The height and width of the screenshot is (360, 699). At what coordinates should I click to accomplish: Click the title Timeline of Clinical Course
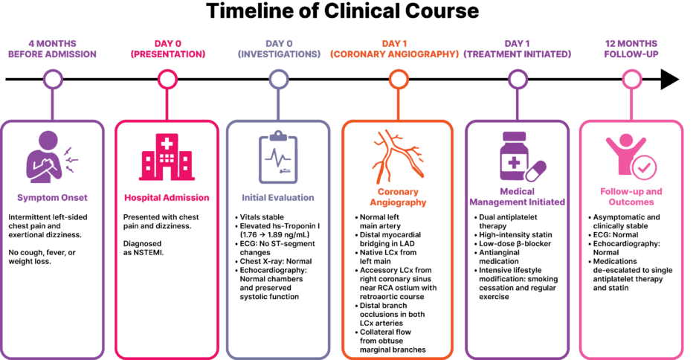pos(342,11)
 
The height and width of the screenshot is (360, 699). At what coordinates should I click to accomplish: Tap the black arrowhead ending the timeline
pos(669,80)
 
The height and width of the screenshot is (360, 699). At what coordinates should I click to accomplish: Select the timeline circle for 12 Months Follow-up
pos(631,80)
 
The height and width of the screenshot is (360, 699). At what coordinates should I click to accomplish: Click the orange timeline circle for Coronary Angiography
pos(399,80)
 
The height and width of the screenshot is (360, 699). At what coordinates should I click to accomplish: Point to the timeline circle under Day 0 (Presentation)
pos(167,80)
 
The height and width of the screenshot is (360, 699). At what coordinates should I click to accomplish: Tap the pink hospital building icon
pos(167,157)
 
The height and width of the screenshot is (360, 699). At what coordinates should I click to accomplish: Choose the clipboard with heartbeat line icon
pos(278,157)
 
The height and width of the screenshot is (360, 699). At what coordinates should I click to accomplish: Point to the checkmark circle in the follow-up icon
pos(644,168)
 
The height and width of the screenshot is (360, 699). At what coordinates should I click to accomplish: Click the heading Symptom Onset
pos(52,198)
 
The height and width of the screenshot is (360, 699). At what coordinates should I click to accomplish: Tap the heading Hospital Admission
pos(167,198)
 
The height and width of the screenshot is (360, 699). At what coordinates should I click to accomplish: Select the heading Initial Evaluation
pos(278,198)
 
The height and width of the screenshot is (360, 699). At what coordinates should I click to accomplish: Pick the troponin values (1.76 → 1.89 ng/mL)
pos(274,234)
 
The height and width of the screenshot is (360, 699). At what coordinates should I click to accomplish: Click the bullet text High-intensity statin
pos(516,234)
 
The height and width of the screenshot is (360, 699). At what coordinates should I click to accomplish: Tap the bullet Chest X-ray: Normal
pos(276,261)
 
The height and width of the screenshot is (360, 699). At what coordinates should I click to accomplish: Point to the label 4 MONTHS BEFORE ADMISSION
pos(52,48)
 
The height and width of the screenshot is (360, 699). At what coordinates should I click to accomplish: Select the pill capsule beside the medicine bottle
pos(535,171)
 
